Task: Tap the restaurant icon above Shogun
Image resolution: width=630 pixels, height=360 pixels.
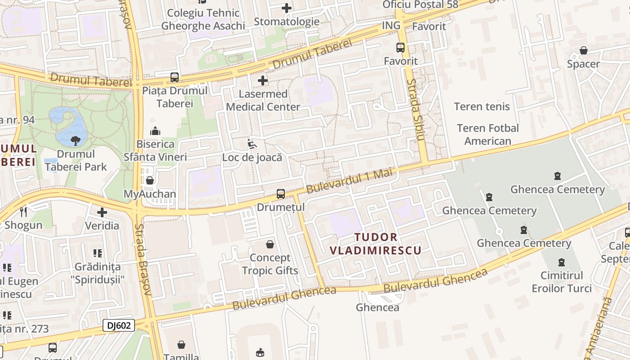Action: click(23, 211)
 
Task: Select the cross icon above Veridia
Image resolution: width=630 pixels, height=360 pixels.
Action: click(102, 212)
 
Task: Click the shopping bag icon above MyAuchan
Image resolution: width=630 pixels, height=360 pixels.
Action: click(150, 180)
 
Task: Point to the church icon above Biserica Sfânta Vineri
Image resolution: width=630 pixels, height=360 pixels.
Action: click(155, 131)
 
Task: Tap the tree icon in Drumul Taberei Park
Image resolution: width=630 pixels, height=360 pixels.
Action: click(76, 140)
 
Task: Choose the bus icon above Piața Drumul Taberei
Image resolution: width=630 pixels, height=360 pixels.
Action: click(175, 77)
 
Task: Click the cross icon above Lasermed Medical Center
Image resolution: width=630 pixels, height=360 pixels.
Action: click(263, 81)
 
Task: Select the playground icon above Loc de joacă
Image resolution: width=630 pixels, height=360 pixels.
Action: click(252, 144)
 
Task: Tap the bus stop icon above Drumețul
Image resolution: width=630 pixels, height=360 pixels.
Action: click(281, 194)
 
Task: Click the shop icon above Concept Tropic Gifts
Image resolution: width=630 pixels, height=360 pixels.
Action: click(270, 244)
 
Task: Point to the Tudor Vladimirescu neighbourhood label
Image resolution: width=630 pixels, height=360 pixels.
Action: click(376, 243)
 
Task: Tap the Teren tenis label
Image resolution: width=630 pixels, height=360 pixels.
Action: click(482, 107)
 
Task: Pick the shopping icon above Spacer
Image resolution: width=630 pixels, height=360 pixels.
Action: click(584, 50)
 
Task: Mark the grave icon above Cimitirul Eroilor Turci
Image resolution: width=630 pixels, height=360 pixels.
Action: click(561, 262)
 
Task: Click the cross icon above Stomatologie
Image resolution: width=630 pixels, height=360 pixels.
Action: click(287, 8)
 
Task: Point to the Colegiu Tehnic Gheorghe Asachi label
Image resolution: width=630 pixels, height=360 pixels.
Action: click(203, 19)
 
